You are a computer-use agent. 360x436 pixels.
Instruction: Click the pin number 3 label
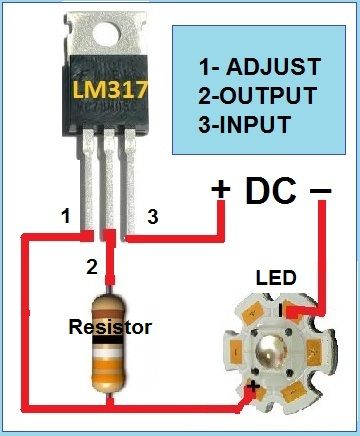point(152,215)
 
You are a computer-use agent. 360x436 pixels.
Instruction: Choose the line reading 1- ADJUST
point(259,68)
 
